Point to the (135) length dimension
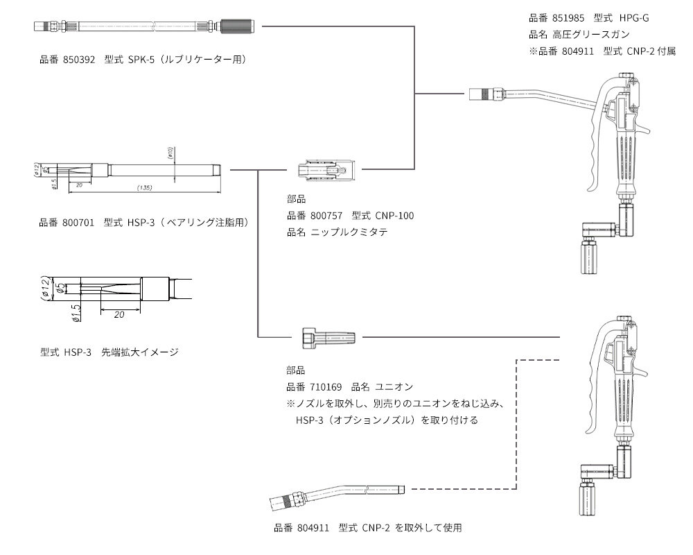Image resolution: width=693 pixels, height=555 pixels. pyautogui.click(x=144, y=187)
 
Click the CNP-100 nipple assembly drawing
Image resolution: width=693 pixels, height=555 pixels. pyautogui.click(x=326, y=169)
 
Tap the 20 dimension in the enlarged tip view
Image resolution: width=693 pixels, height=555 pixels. pyautogui.click(x=119, y=314)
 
